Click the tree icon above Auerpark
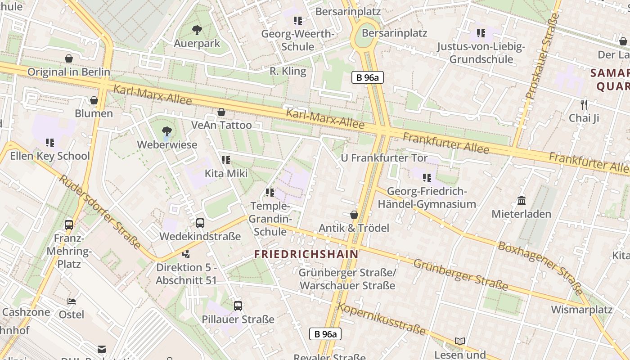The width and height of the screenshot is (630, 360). [x=197, y=30]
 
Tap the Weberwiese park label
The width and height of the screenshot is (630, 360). [x=167, y=144]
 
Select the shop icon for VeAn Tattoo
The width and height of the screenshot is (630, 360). [x=221, y=112]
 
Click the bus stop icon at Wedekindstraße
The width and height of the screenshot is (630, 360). [x=200, y=223]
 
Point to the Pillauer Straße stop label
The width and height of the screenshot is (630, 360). [x=238, y=319]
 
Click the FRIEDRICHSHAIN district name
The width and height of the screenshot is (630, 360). [x=306, y=254]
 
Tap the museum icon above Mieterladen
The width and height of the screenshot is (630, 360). [x=522, y=200]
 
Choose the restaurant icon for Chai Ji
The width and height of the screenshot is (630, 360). [x=584, y=105]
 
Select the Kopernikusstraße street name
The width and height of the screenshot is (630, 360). [x=382, y=319]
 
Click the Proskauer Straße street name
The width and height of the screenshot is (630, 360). [x=542, y=56]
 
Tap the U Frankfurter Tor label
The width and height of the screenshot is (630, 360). [x=384, y=158]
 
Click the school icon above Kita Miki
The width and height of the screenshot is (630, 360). [x=226, y=160]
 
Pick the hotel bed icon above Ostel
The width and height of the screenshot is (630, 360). [x=72, y=301]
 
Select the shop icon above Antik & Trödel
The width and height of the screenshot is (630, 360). [x=354, y=215]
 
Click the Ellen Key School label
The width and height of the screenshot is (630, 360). [x=50, y=156]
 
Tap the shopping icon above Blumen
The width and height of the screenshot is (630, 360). [x=94, y=100]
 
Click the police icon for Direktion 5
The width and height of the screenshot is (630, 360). [x=186, y=254]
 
